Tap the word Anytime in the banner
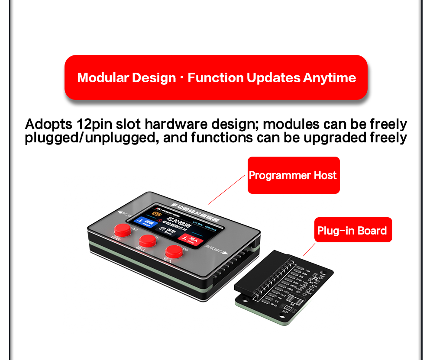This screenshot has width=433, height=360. tap(330, 78)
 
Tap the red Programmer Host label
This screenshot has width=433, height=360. tap(293, 175)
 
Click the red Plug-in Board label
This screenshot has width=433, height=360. tap(352, 230)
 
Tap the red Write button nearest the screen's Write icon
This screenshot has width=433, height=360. tap(173, 251)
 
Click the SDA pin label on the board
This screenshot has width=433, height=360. tap(305, 273)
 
